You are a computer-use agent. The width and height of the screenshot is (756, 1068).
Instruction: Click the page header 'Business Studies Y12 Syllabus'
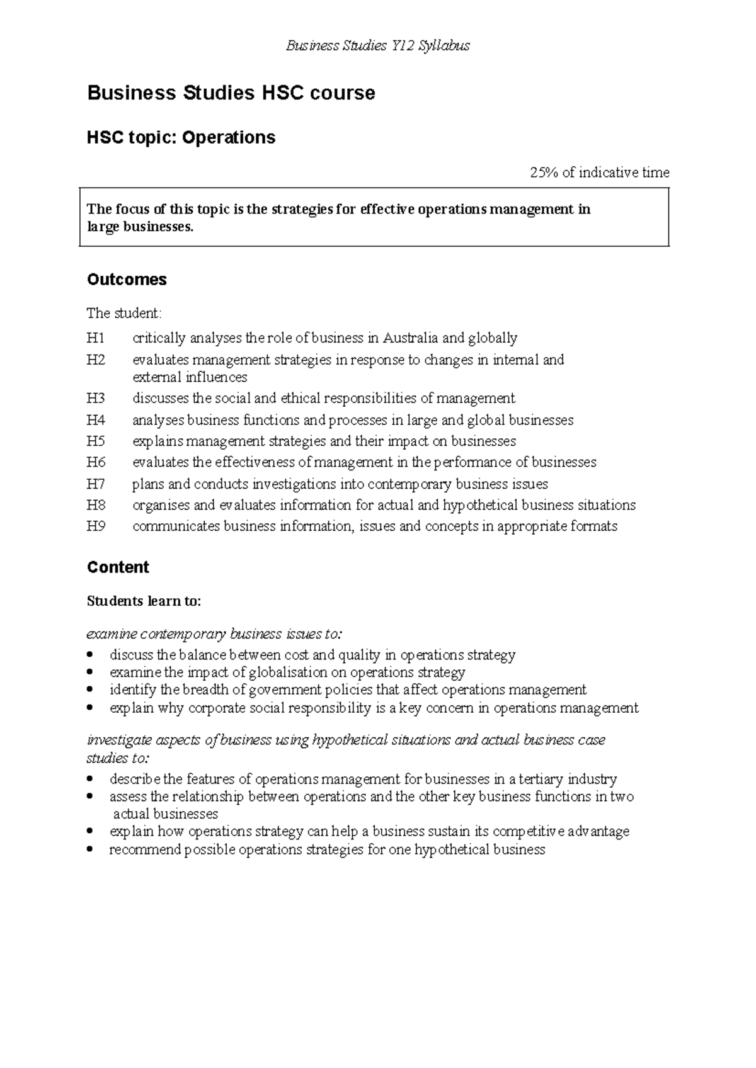pyautogui.click(x=377, y=45)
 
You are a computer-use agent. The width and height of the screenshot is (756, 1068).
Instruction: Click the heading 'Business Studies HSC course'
pyautogui.click(x=231, y=93)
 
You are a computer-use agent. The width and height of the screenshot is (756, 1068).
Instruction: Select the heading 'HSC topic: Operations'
pyautogui.click(x=181, y=137)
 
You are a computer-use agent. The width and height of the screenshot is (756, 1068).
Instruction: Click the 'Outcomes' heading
pyautogui.click(x=127, y=280)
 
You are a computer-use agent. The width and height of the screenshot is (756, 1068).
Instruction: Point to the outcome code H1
pyautogui.click(x=96, y=338)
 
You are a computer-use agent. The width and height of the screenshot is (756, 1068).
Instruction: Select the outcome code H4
pyautogui.click(x=96, y=420)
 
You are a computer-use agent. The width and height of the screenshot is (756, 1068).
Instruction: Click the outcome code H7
pyautogui.click(x=96, y=484)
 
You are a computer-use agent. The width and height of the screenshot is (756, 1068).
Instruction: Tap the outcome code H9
pyautogui.click(x=96, y=526)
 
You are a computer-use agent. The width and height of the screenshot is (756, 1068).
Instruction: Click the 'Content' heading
pyautogui.click(x=118, y=567)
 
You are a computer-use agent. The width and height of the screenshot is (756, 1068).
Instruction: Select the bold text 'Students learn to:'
pyautogui.click(x=144, y=601)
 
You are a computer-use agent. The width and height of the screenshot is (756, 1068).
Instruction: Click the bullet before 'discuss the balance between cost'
pyautogui.click(x=92, y=655)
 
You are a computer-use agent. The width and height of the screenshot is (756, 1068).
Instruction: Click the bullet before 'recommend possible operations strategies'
pyautogui.click(x=92, y=850)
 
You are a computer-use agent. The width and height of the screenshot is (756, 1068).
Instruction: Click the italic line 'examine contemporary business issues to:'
pyautogui.click(x=214, y=633)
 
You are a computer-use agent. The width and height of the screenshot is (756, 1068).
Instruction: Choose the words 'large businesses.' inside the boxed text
pyautogui.click(x=140, y=227)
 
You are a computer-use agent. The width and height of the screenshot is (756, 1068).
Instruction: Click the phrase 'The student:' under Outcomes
pyautogui.click(x=124, y=313)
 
